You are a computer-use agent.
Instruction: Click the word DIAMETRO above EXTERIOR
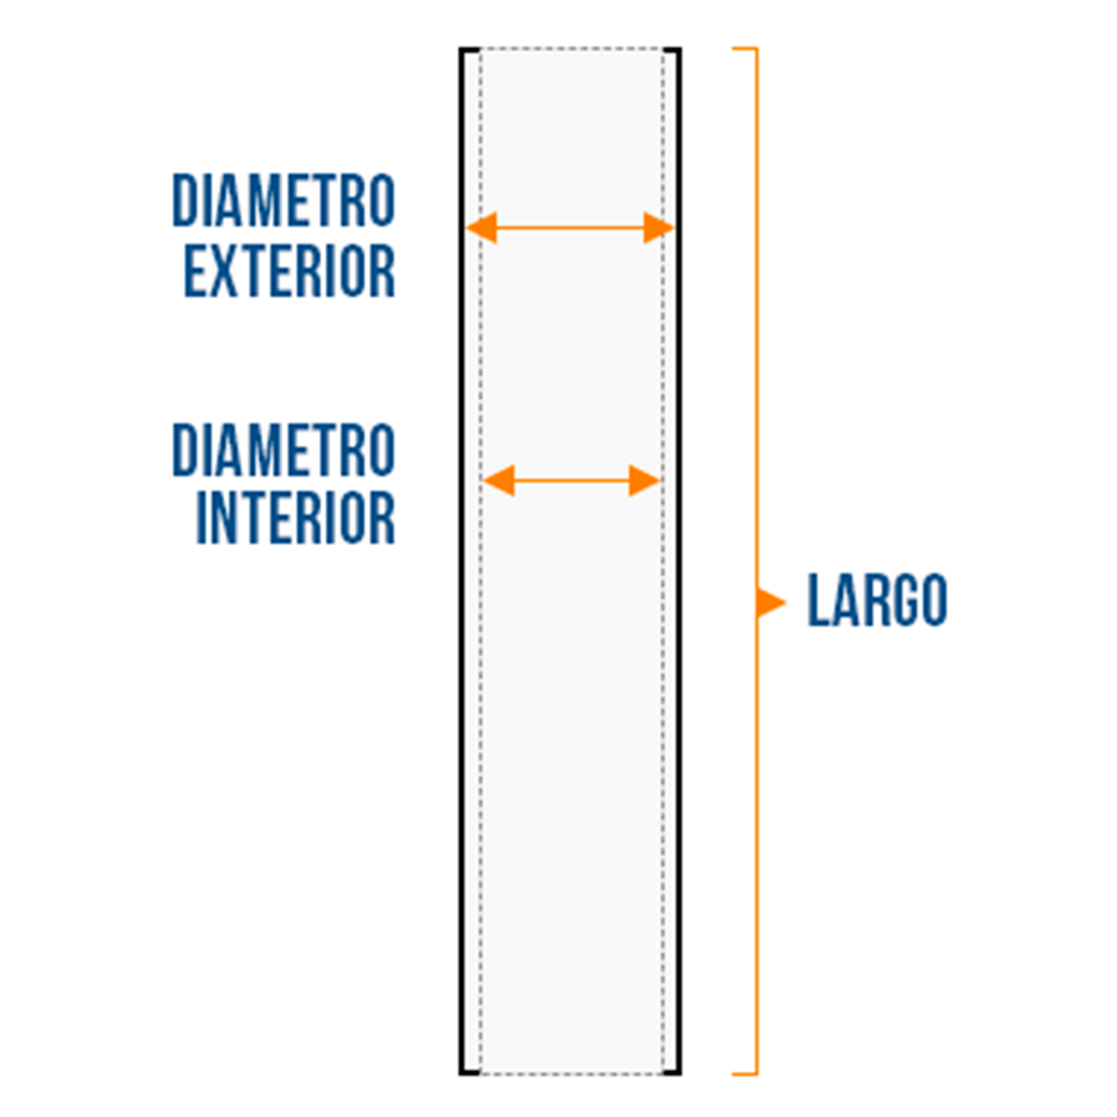pyautogui.click(x=284, y=200)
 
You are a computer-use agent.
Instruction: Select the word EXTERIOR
pyautogui.click(x=290, y=270)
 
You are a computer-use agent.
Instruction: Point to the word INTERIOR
pyautogui.click(x=296, y=517)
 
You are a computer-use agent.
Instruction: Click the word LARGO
pyautogui.click(x=877, y=600)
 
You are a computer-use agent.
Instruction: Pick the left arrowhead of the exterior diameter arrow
pyautogui.click(x=481, y=228)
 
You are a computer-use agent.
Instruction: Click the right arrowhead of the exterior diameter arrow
pyautogui.click(x=659, y=228)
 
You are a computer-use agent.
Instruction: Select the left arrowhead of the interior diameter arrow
pyautogui.click(x=498, y=480)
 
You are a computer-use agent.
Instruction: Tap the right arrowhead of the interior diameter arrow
pyautogui.click(x=645, y=480)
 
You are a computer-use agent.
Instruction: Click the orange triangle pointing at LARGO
pyautogui.click(x=770, y=602)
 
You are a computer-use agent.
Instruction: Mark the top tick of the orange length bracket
pyautogui.click(x=745, y=49)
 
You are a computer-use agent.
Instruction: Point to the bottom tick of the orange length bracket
pyautogui.click(x=745, y=1073)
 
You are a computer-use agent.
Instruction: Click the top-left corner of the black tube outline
pyautogui.click(x=462, y=50)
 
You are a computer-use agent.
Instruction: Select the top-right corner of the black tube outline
pyautogui.click(x=678, y=50)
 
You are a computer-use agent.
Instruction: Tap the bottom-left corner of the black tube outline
pyautogui.click(x=462, y=1072)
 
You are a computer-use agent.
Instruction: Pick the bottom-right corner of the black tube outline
pyautogui.click(x=678, y=1072)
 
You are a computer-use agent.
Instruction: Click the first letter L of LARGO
pyautogui.click(x=818, y=600)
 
